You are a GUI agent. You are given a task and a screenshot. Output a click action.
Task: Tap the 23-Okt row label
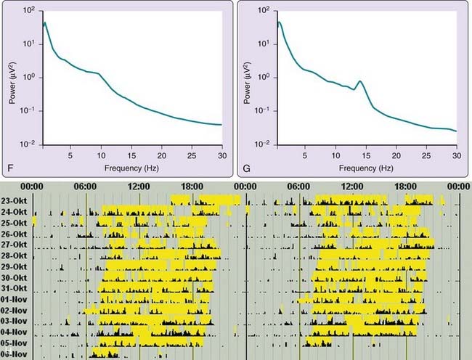[16, 201]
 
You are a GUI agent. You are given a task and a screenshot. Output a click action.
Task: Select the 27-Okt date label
[16, 245]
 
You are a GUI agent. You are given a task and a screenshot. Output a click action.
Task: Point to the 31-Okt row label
[16, 288]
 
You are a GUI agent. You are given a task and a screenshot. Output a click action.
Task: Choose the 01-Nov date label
[16, 299]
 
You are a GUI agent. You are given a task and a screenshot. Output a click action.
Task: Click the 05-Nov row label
[16, 343]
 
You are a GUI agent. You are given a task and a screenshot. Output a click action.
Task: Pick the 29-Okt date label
[16, 266]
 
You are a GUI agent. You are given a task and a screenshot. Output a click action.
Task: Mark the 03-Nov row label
[16, 321]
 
